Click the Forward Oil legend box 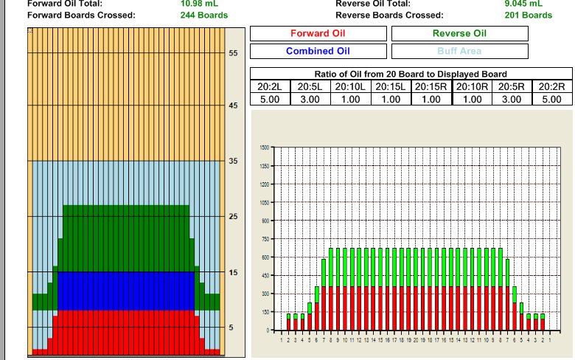click(x=318, y=33)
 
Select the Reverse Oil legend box click(x=459, y=33)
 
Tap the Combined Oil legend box click(x=318, y=51)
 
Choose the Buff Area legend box click(x=459, y=51)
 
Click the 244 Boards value click(x=204, y=15)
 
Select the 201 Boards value click(x=528, y=15)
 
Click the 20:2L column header click(x=270, y=86)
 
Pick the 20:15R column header click(x=431, y=86)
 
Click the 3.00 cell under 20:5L click(x=310, y=99)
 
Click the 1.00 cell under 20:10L click(x=350, y=99)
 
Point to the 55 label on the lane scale click(x=233, y=54)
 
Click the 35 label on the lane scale click(x=233, y=161)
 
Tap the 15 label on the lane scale click(x=233, y=272)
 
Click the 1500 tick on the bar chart click(x=265, y=148)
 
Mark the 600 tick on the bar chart click(x=265, y=257)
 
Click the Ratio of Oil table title click(x=411, y=75)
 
